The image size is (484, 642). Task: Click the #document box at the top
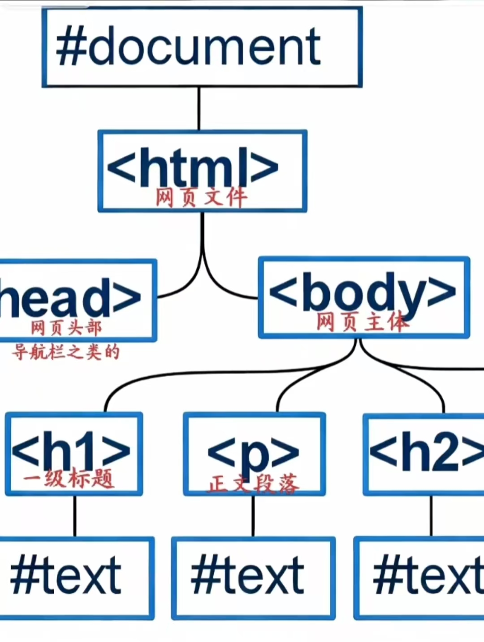pyautogui.click(x=202, y=47)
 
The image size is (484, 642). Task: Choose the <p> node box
pyautogui.click(x=254, y=452)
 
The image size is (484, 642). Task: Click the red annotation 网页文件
pyautogui.click(x=201, y=198)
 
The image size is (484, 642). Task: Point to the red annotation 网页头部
pyautogui.click(x=66, y=328)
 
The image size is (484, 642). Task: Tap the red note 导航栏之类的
pyautogui.click(x=66, y=352)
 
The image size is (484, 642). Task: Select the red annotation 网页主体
pyautogui.click(x=362, y=322)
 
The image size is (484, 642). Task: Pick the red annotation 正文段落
pyautogui.click(x=253, y=484)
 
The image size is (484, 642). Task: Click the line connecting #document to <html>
pyautogui.click(x=199, y=109)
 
